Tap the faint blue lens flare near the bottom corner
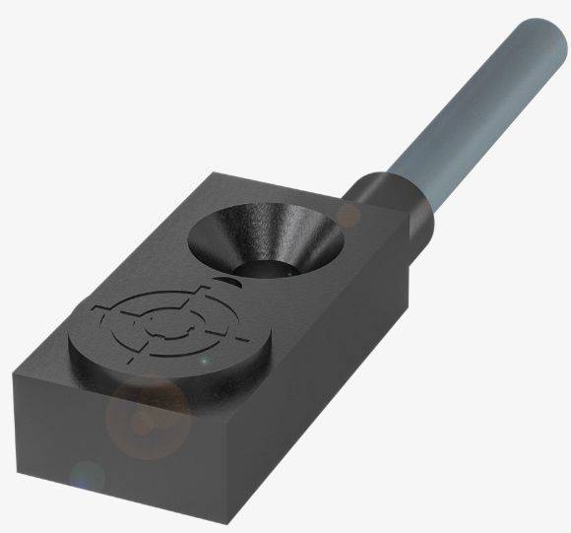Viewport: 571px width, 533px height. [x=87, y=480]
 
